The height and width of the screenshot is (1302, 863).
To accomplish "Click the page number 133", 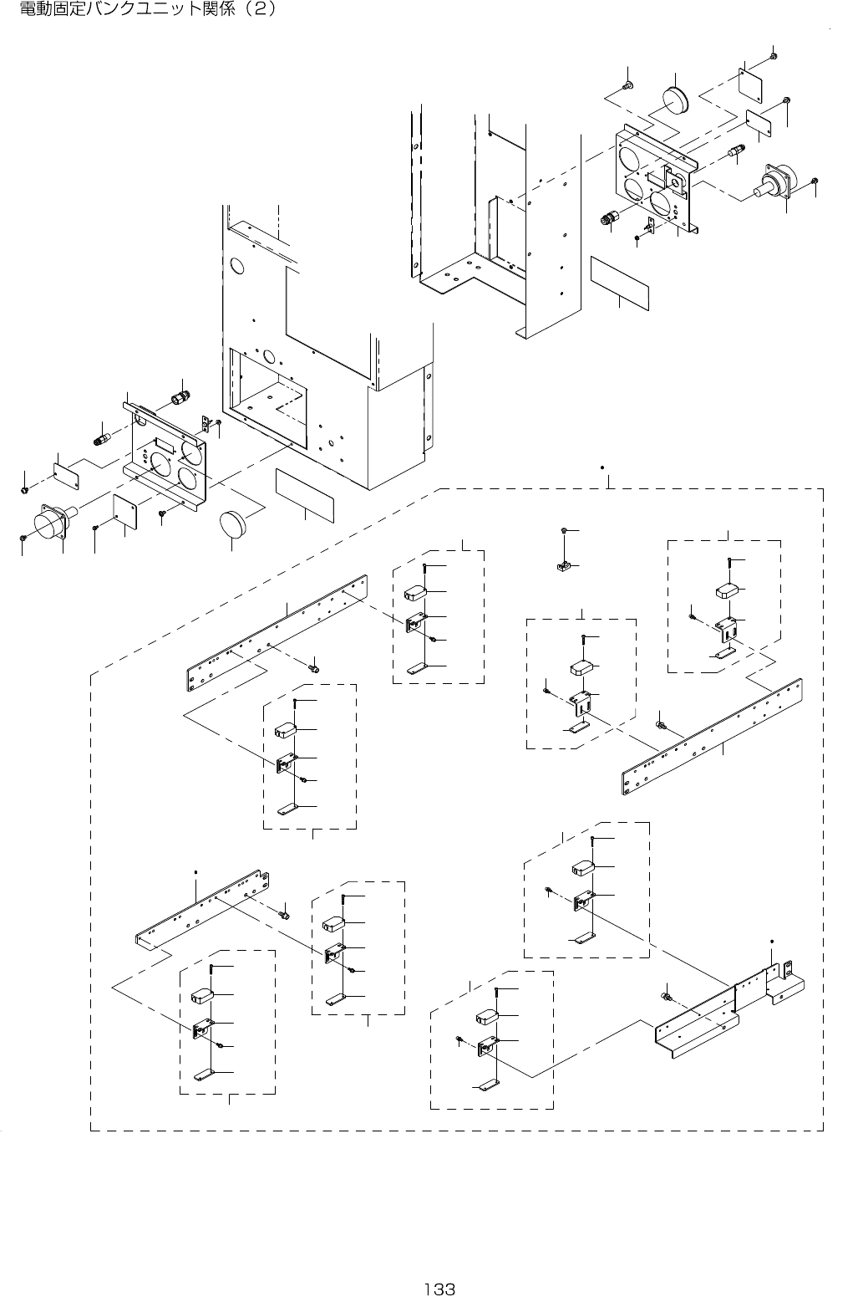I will (439, 1289).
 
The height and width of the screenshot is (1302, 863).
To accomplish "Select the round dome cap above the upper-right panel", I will (675, 100).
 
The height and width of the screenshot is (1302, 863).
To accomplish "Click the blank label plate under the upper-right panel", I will (619, 284).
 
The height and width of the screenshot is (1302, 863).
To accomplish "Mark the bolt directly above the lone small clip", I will (566, 531).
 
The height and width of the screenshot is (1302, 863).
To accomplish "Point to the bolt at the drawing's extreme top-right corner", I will (773, 55).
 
